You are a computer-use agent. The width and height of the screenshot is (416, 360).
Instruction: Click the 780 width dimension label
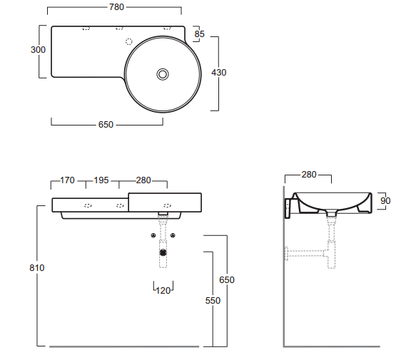[116, 7]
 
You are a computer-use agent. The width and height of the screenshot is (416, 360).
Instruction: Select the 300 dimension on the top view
[38, 50]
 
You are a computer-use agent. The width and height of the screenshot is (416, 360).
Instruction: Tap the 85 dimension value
[199, 34]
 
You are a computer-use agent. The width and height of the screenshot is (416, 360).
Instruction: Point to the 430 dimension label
[218, 73]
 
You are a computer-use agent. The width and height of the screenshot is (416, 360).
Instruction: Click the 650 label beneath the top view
[106, 125]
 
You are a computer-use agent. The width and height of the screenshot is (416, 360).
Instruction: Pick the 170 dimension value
[67, 180]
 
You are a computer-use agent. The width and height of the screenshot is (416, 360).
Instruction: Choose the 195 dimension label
[101, 180]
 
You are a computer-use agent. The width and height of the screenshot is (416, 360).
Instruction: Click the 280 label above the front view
[143, 180]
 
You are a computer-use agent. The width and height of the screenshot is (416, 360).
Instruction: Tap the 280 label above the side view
[309, 175]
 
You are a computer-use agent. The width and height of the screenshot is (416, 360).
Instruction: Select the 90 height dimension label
[385, 201]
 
